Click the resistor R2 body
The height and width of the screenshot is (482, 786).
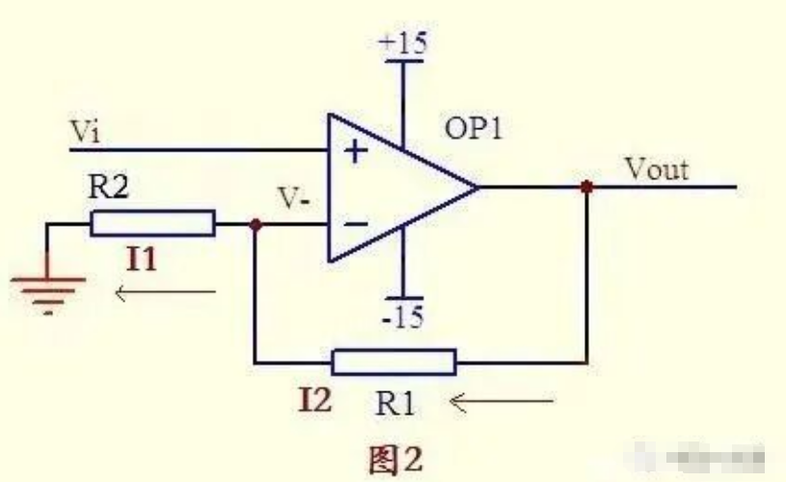[152, 225]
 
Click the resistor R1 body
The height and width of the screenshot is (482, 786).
[393, 362]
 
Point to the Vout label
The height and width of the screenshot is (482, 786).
[657, 169]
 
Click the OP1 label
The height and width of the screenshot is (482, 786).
[474, 128]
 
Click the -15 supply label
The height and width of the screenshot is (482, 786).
[401, 317]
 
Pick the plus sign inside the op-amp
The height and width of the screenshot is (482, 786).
[356, 151]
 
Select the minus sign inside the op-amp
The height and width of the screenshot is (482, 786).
[356, 224]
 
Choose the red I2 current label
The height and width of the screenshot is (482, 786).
[314, 398]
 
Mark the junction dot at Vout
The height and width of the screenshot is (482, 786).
[585, 187]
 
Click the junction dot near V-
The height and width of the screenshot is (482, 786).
[255, 225]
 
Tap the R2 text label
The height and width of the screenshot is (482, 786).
[108, 188]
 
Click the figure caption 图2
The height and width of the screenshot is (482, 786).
[395, 458]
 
